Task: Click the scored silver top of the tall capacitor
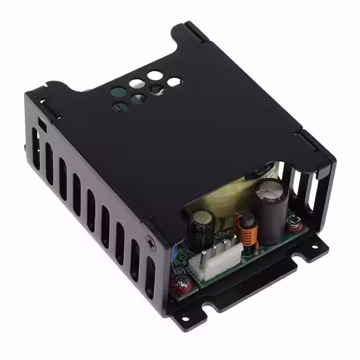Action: click(270, 191)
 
